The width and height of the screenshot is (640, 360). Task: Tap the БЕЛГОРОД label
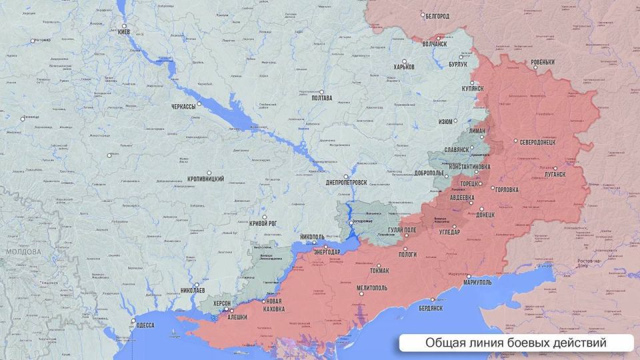(437, 15)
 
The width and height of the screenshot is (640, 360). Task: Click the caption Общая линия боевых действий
(515, 343)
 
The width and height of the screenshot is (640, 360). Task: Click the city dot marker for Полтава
(321, 92)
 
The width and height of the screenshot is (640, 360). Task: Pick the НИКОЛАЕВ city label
(193, 291)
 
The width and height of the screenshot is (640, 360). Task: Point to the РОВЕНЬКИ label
(543, 63)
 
